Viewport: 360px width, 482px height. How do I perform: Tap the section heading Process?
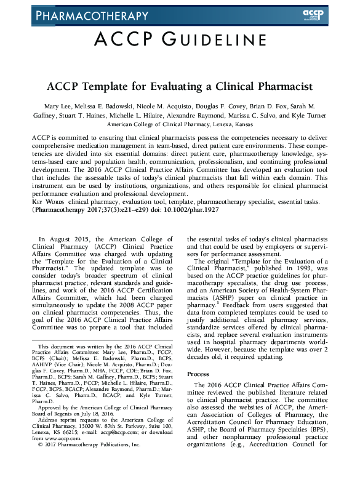(x=199, y=374)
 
